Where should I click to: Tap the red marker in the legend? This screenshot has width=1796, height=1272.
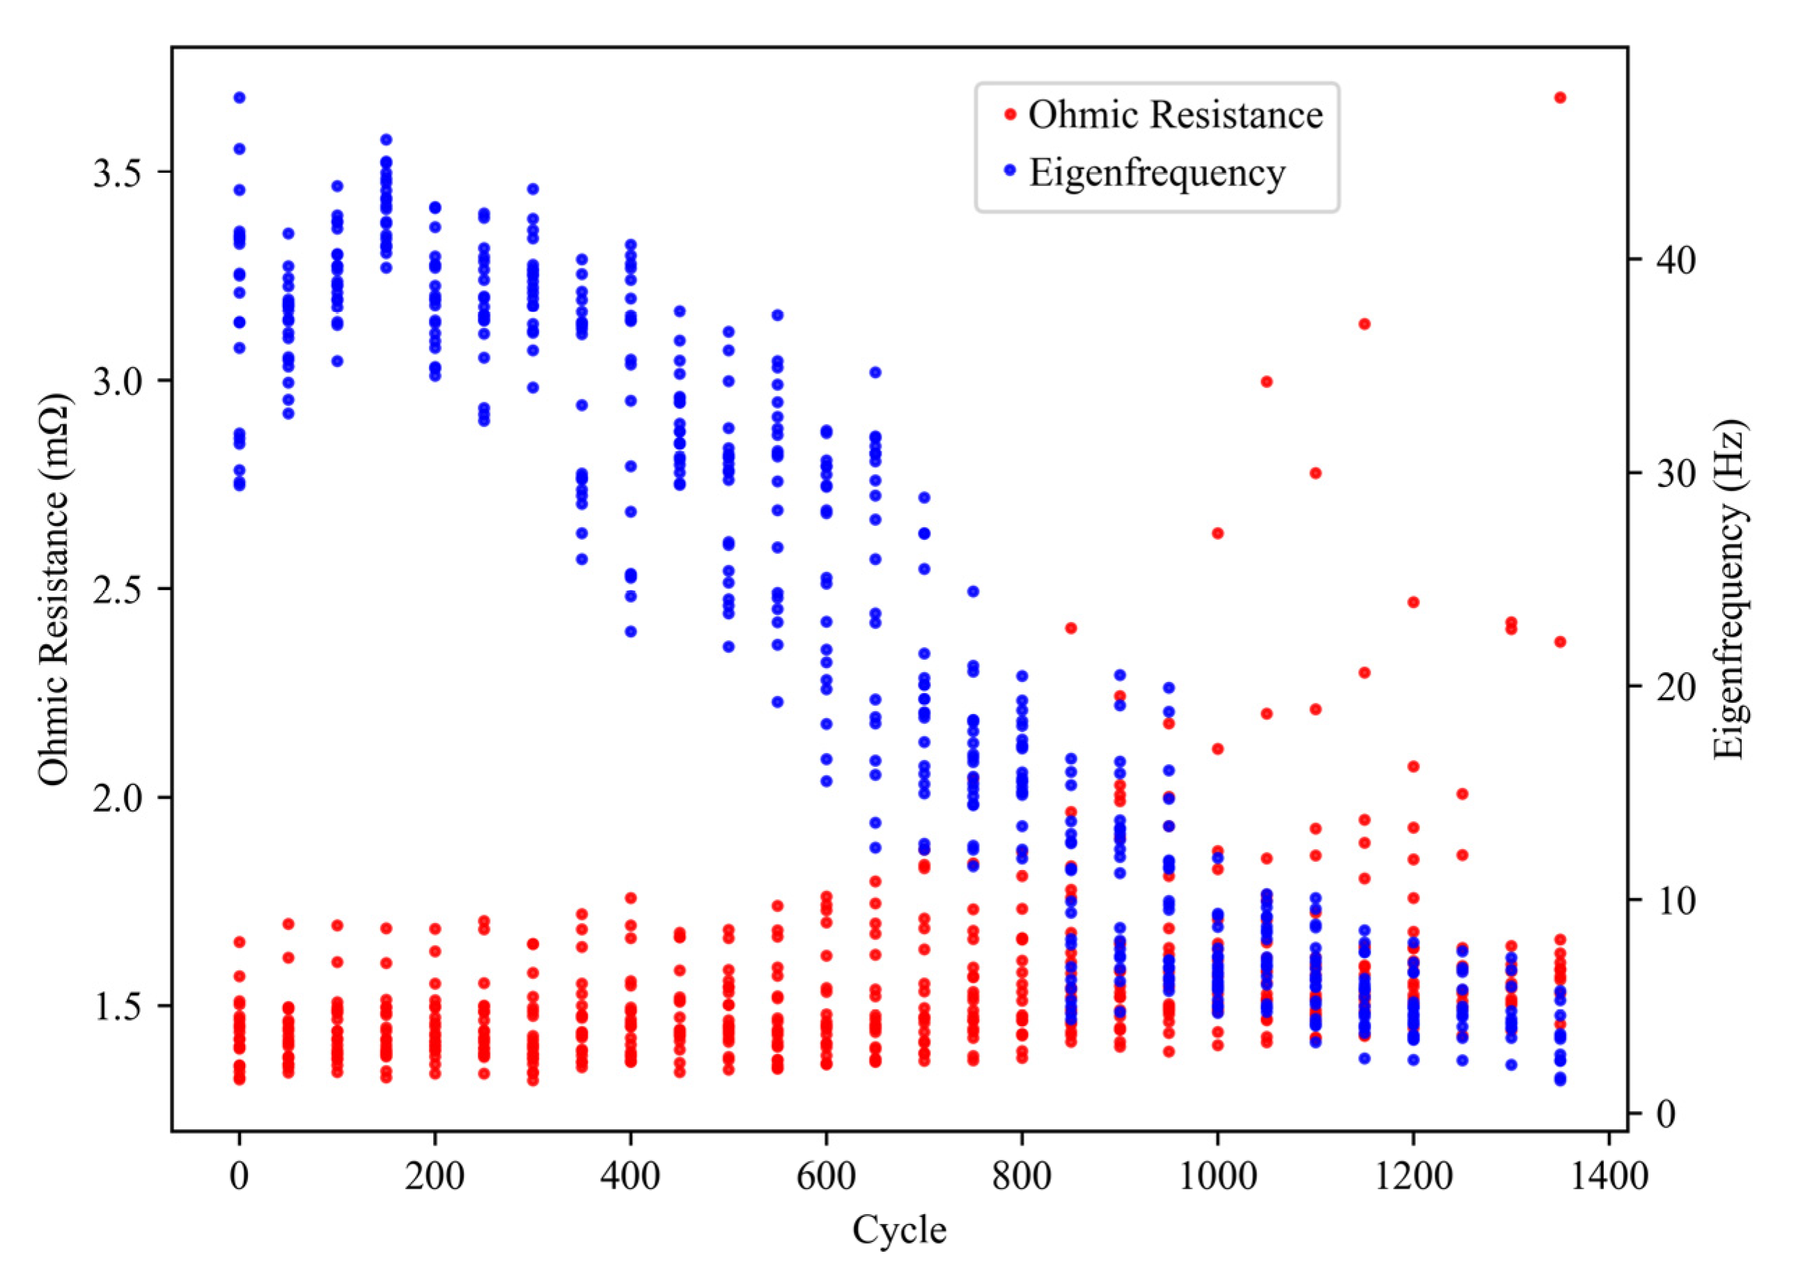[1010, 114]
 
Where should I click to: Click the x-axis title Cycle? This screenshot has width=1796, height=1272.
[899, 1229]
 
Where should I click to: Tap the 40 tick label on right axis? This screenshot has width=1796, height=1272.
[1676, 260]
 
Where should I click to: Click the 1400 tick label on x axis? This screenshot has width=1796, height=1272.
[1608, 1177]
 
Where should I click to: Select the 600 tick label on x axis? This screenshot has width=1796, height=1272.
[826, 1177]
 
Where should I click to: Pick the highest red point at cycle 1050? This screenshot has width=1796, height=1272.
[1267, 382]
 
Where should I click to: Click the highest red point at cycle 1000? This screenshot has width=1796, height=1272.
[1217, 534]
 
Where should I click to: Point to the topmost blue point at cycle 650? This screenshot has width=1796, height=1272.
[875, 372]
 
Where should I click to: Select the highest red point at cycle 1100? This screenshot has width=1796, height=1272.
[1315, 473]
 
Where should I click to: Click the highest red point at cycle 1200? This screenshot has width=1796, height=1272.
[1413, 603]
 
